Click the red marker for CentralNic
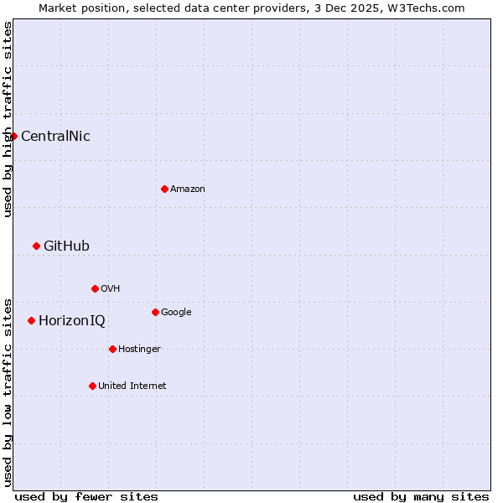pos(13,136)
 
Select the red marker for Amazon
pos(164,189)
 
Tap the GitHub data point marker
pos(36,246)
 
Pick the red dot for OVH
pos(95,288)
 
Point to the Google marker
pos(155,312)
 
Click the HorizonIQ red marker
pos(31,320)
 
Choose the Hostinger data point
pos(112,349)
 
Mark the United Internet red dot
pos(92,386)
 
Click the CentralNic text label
pos(55,137)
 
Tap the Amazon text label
pos(188,189)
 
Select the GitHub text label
pos(66,246)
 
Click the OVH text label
pos(111,289)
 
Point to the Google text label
pos(176,313)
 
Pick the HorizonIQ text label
pos(72,321)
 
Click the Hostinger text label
pos(139,350)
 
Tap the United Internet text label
pos(132,386)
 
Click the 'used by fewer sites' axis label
pos(86,496)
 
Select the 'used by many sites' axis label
pos(421,496)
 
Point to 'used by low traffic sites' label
pos(8,392)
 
